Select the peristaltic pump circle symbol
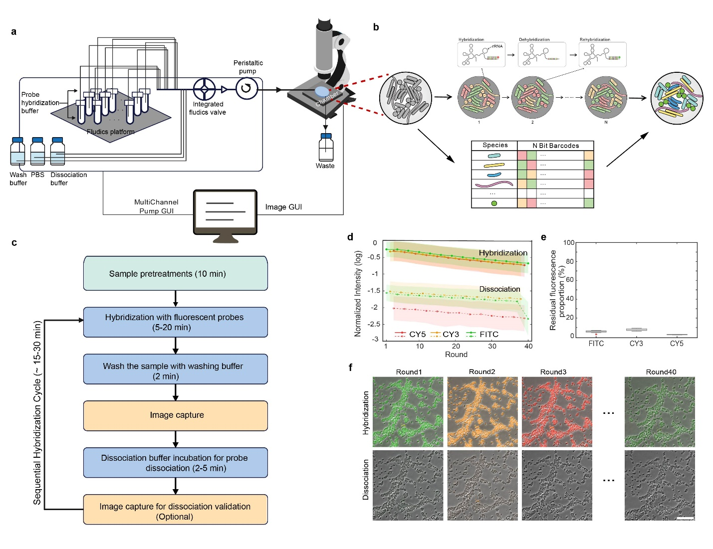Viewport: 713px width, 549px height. pos(246,89)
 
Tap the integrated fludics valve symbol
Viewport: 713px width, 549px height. pos(205,89)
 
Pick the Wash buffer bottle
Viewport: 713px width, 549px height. pos(17,152)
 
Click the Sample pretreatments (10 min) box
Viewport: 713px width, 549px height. pos(175,273)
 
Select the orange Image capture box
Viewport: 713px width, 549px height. pos(175,415)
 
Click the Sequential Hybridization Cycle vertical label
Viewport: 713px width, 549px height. pos(37,413)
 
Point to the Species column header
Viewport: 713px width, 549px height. pos(495,145)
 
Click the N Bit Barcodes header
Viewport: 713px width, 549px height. pos(555,146)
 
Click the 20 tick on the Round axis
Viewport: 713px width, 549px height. pos(456,346)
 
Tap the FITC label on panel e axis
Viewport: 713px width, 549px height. pos(596,344)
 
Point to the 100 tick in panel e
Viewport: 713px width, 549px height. pos(569,243)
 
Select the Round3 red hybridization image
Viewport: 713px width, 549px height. pos(557,412)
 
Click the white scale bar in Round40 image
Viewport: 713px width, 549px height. pos(686,518)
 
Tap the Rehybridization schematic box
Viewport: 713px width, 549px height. pos(602,54)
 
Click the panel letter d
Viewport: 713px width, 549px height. pos(350,237)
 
